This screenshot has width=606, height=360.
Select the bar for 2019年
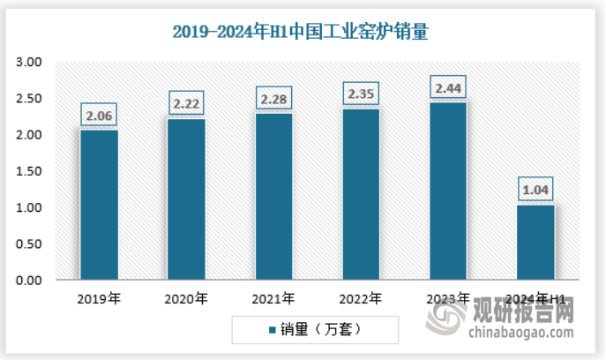(99, 205)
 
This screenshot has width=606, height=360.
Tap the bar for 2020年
(186, 199)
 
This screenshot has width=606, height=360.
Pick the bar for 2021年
(273, 197)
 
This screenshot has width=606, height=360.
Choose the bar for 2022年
(360, 194)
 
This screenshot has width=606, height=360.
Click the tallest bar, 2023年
(447, 191)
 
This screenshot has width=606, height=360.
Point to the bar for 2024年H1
(535, 242)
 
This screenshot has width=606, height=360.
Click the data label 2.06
(99, 115)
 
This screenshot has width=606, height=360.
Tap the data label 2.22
(186, 103)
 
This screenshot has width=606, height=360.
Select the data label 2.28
(273, 98)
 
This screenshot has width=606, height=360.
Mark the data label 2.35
(360, 94)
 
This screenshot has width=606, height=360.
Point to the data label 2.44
(447, 87)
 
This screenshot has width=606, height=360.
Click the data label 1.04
(535, 189)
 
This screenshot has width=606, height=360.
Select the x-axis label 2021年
(273, 299)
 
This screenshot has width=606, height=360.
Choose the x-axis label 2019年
(99, 299)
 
